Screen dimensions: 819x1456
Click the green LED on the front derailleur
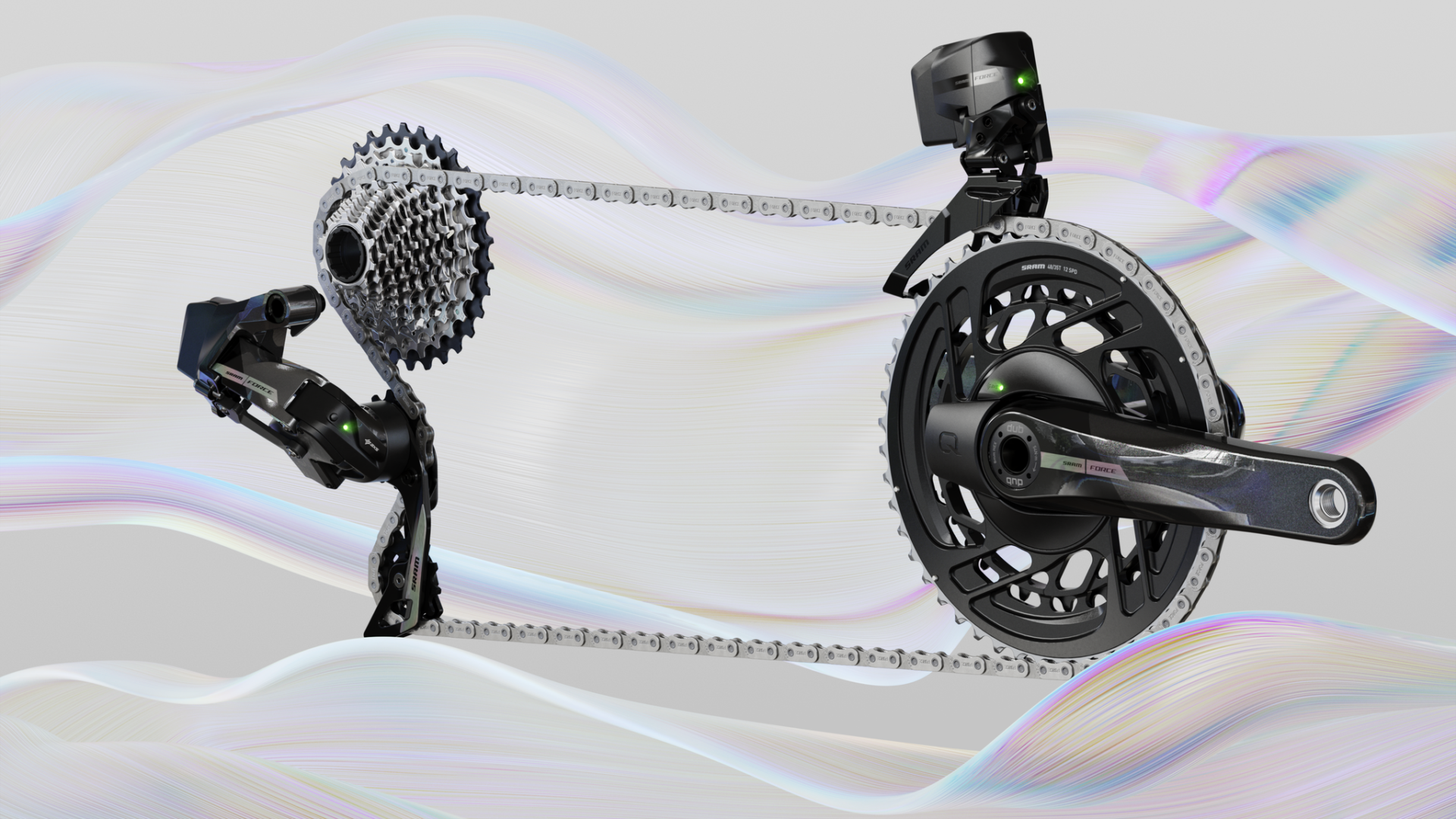(x=1021, y=79)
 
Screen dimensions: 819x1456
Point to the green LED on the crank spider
(x=999, y=387)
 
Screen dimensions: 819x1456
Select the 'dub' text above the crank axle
(x=1015, y=429)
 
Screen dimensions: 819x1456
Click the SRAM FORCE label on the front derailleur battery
(x=985, y=77)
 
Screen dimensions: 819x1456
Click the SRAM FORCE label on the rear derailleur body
(x=246, y=378)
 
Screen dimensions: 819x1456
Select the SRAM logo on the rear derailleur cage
(x=414, y=574)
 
